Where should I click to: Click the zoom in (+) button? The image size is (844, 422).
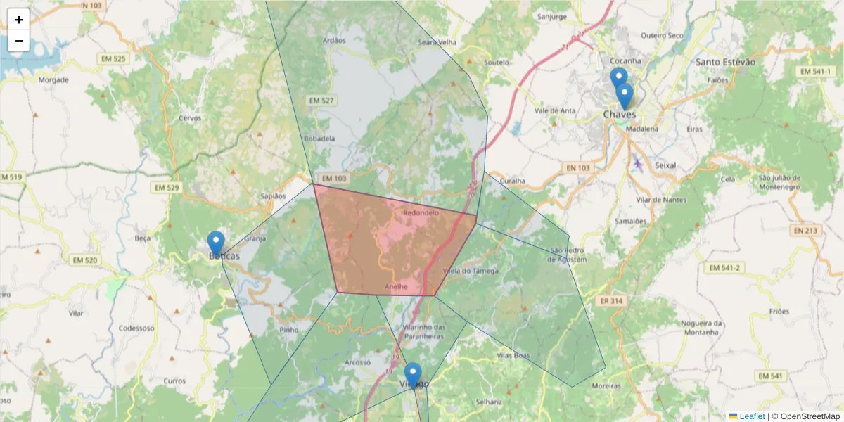[19, 20]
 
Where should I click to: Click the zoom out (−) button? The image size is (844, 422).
[19, 41]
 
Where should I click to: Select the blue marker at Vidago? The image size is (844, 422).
[413, 375]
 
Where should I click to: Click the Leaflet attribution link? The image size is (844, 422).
[751, 416]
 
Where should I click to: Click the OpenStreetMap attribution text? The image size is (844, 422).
[805, 416]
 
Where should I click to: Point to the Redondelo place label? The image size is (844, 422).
[421, 212]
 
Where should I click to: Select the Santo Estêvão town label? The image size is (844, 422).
[725, 62]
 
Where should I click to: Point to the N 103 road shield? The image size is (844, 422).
[91, 5]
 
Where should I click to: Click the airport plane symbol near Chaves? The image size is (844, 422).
[638, 163]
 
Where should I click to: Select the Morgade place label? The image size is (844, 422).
[53, 80]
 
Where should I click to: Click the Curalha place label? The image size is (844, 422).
[513, 181]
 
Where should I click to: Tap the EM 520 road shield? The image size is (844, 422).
[85, 260]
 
